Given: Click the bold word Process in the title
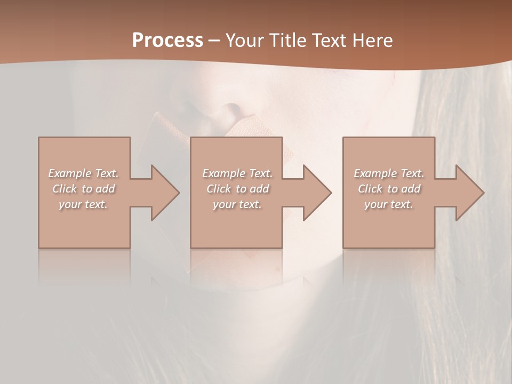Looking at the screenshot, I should click(167, 41).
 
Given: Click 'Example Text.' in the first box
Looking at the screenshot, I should click(83, 173).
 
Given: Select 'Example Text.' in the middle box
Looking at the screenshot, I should click(237, 173).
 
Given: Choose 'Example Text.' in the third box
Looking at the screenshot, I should click(389, 173).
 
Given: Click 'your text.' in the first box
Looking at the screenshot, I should click(83, 204).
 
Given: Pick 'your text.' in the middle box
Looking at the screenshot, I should click(237, 204).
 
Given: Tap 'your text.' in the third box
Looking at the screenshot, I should click(389, 204).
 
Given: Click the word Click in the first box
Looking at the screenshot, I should click(65, 189).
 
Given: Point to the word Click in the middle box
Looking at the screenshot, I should click(219, 189).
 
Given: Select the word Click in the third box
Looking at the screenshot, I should click(371, 189).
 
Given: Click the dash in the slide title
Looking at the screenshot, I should click(214, 41).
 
